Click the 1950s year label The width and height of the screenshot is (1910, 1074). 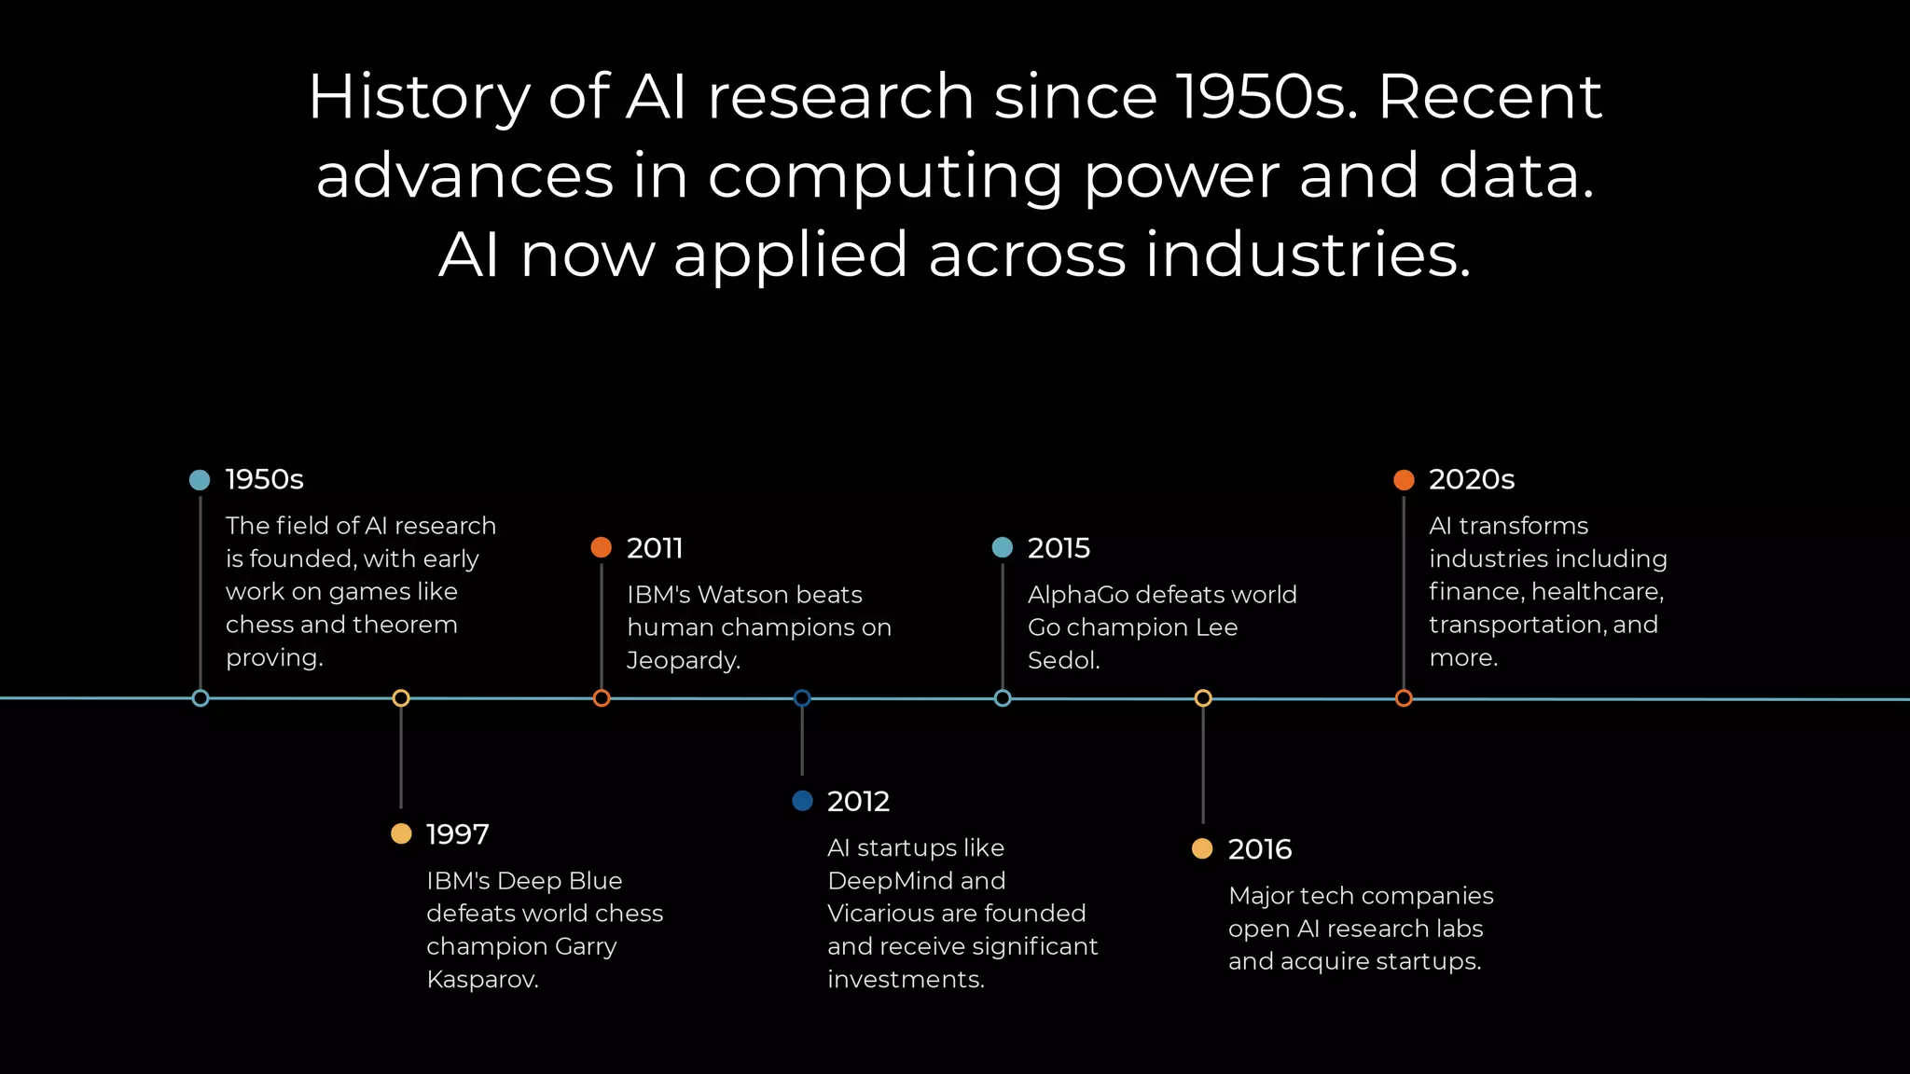tap(264, 479)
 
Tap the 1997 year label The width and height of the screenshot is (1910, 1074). tap(457, 834)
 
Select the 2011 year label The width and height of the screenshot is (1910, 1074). tap(655, 548)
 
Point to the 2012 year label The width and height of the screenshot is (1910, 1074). tap(858, 802)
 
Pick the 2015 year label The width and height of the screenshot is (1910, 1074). tap(1059, 548)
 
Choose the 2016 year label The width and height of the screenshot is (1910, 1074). tap(1259, 849)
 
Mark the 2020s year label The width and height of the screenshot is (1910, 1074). tap(1471, 479)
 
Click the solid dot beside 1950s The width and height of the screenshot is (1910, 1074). tap(200, 480)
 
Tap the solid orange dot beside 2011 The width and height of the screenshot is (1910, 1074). tap(602, 547)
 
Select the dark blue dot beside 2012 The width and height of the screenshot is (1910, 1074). tap(802, 801)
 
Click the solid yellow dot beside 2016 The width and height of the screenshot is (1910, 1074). tap(1203, 848)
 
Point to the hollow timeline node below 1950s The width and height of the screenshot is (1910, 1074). tap(201, 698)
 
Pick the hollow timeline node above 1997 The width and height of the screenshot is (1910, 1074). tap(401, 698)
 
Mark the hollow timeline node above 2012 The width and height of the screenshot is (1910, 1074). tap(802, 698)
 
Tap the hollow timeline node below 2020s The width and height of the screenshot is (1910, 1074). tap(1404, 698)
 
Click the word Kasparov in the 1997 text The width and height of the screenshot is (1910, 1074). tap(481, 980)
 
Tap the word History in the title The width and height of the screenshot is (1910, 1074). tap(418, 97)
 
